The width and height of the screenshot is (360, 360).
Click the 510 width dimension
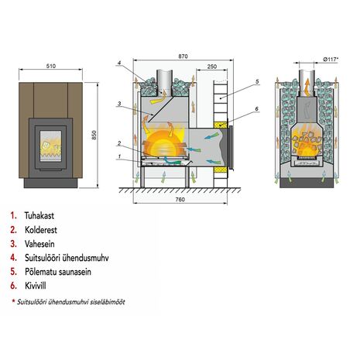[51, 66]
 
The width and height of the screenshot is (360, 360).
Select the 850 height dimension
[94, 135]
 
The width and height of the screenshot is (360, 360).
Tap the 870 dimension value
[183, 56]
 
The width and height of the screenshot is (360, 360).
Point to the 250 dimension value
[212, 67]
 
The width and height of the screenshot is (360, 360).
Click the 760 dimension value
[180, 199]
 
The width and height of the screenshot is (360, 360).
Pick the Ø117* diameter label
[331, 60]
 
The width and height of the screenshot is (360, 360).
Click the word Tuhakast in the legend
[39, 215]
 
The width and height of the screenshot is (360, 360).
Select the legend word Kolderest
[41, 230]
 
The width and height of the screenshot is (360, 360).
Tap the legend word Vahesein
[39, 244]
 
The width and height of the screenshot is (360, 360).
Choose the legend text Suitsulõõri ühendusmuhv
[67, 258]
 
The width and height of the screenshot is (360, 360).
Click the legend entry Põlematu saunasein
[58, 272]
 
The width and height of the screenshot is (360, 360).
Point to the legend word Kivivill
[36, 286]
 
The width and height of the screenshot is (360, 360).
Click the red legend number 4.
[13, 258]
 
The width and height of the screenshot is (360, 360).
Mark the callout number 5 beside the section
[257, 81]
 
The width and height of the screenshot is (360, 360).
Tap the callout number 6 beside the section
[256, 109]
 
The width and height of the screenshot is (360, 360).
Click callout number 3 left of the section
[119, 104]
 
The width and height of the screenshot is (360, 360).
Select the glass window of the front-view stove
[50, 146]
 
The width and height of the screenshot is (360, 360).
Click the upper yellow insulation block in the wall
[220, 125]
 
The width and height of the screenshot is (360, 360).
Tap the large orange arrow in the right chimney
[307, 87]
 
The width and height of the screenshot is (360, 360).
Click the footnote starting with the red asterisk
[68, 301]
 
